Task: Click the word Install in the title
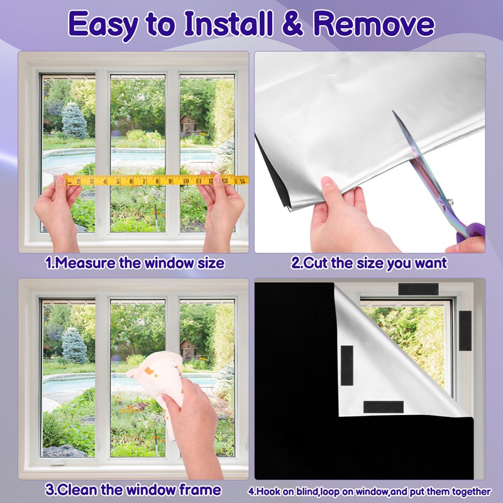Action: point(228,24)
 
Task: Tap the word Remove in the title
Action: point(373,24)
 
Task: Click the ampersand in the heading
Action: point(292,24)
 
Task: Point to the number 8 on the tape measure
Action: point(157,181)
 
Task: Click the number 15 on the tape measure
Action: point(242,181)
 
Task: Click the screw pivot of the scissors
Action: point(450,202)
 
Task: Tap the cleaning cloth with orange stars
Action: point(158,382)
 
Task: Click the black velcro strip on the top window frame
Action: point(418,289)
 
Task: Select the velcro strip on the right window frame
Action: point(465,331)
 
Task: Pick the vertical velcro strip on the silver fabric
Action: point(347,365)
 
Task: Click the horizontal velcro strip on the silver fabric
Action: point(384,407)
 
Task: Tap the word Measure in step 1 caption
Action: point(85,263)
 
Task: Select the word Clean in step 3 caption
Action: point(77,490)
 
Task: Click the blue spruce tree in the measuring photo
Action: point(74,121)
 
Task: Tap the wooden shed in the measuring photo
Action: point(188,125)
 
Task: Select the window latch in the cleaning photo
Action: point(58,463)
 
